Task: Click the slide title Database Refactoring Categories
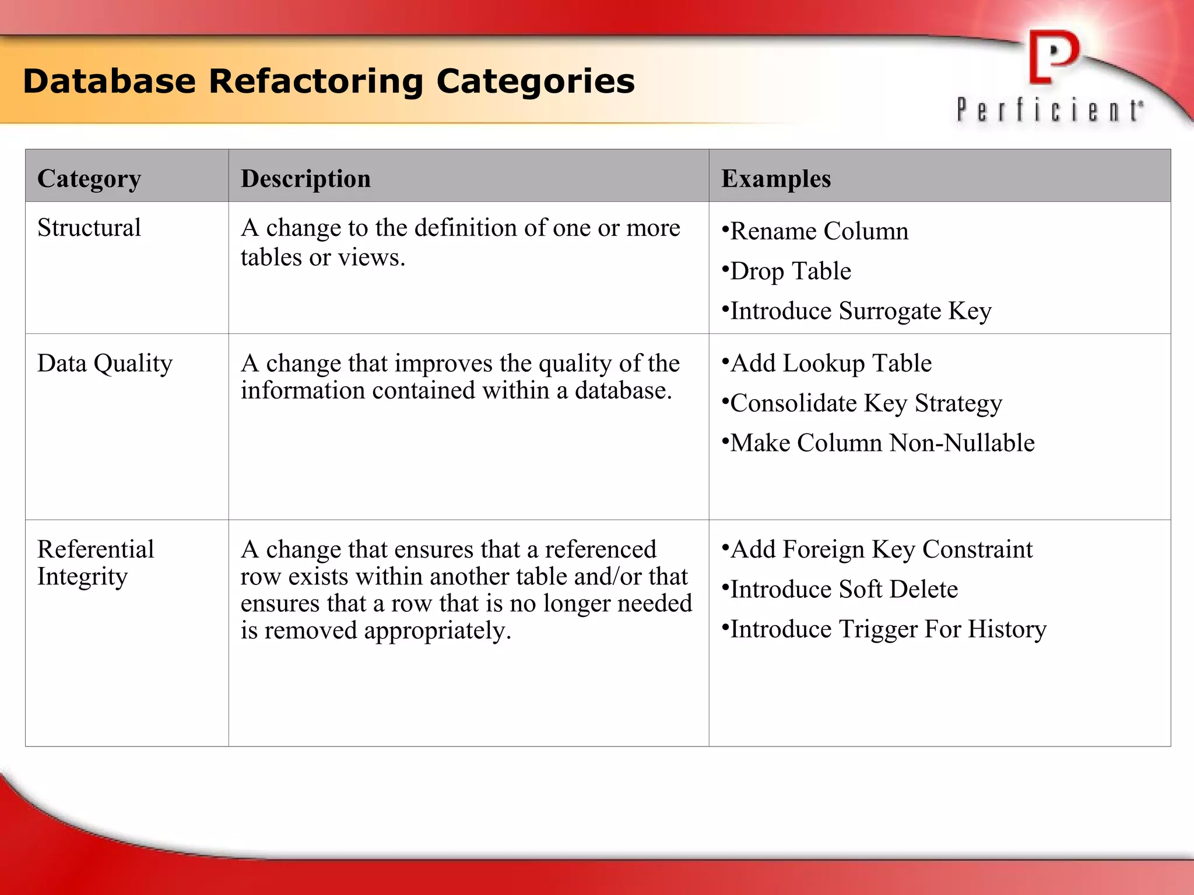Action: point(329,81)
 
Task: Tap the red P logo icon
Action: point(1053,57)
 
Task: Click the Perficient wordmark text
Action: point(1049,110)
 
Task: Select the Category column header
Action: point(89,178)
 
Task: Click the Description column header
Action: point(305,178)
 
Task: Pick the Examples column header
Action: point(776,178)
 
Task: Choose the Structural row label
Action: point(89,227)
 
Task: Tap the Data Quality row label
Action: point(105,363)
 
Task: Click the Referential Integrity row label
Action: point(96,562)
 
